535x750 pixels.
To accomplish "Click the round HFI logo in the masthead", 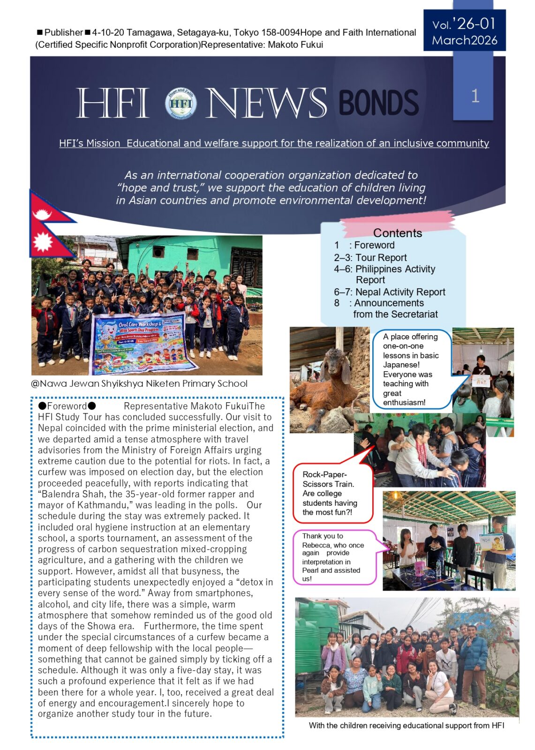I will (181, 103).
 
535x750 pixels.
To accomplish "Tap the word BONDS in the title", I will (378, 103).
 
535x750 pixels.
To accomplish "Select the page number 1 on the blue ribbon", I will (475, 96).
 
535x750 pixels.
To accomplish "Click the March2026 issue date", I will (464, 40).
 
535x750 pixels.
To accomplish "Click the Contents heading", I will (397, 233).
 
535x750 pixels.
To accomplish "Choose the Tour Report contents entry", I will (370, 257).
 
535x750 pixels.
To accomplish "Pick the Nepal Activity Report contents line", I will (390, 292).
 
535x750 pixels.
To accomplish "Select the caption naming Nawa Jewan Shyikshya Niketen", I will (139, 383).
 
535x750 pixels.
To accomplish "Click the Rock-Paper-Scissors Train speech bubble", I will (330, 493).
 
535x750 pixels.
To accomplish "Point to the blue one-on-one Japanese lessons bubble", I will (411, 369).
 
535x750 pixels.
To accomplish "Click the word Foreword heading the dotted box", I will (67, 406).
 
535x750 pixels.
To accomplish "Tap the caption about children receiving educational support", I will (406, 726).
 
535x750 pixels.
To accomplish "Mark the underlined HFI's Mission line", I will (274, 143).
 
